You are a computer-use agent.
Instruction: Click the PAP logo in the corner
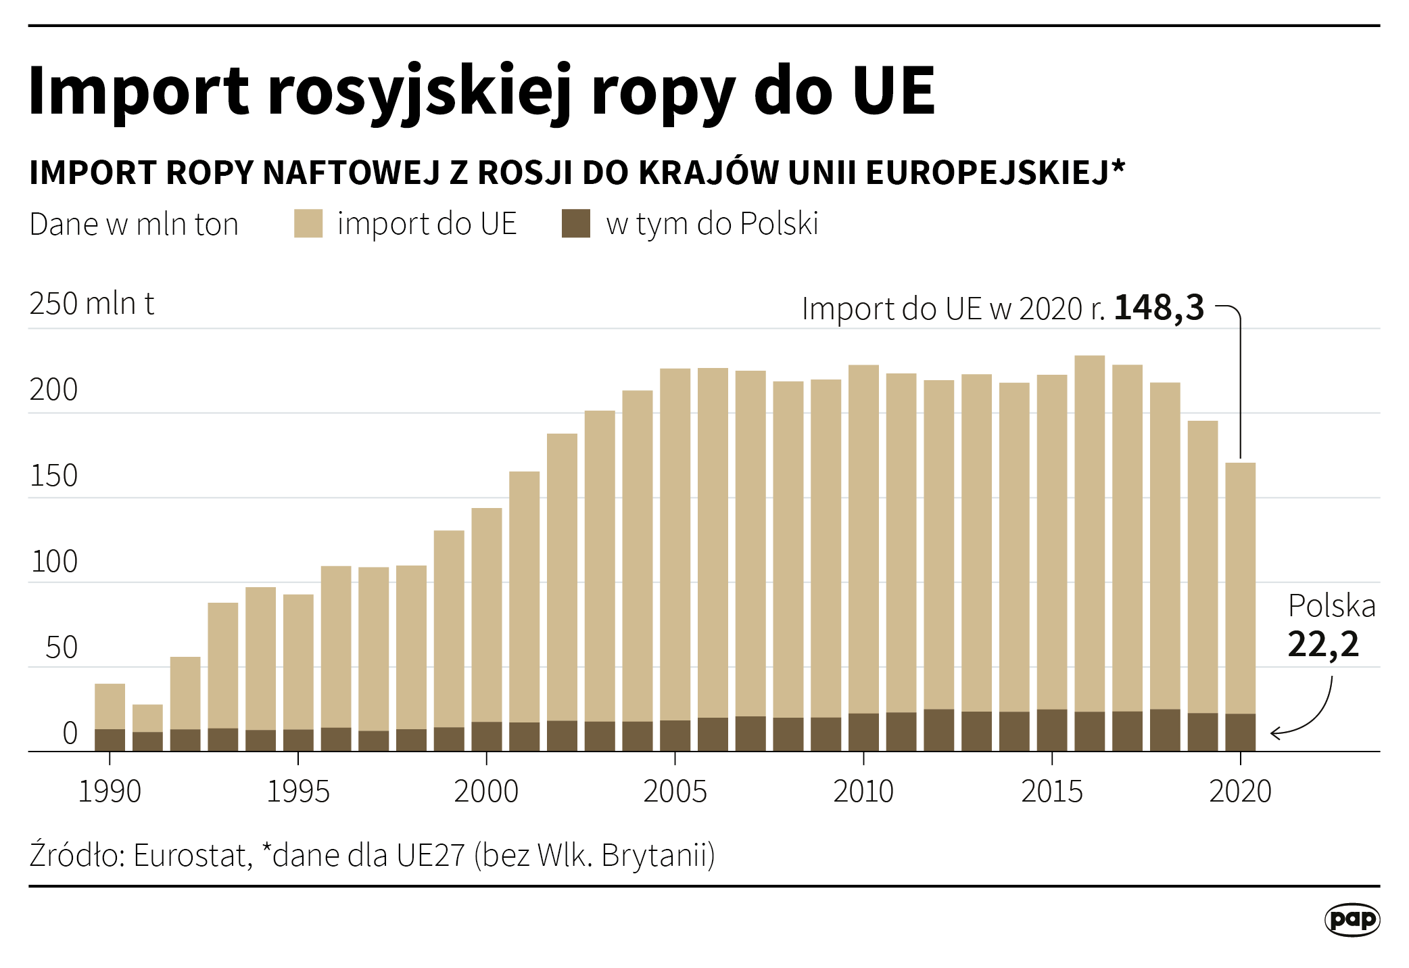coord(1352,919)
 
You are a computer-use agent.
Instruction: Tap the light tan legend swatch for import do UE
coord(308,224)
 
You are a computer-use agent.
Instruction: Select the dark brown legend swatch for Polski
coord(575,224)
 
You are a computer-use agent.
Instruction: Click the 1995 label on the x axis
coord(298,791)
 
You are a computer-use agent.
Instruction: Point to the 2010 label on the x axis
coord(863,791)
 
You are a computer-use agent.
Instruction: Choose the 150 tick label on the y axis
coord(54,476)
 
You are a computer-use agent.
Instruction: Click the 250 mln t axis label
coord(92,304)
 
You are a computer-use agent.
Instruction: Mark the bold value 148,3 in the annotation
coord(1159,308)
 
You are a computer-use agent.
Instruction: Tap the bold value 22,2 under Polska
coord(1323,644)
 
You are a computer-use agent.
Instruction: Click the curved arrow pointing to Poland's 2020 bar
coord(1315,717)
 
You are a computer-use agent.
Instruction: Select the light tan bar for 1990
coord(110,706)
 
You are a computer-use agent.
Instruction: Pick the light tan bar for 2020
coord(1241,589)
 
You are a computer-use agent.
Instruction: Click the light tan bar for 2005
coord(675,541)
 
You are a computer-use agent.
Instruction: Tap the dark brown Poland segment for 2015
coord(1052,731)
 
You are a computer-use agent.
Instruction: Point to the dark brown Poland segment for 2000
coord(487,737)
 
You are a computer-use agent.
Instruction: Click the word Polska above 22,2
coord(1331,606)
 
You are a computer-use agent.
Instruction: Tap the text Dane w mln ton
coord(134,225)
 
